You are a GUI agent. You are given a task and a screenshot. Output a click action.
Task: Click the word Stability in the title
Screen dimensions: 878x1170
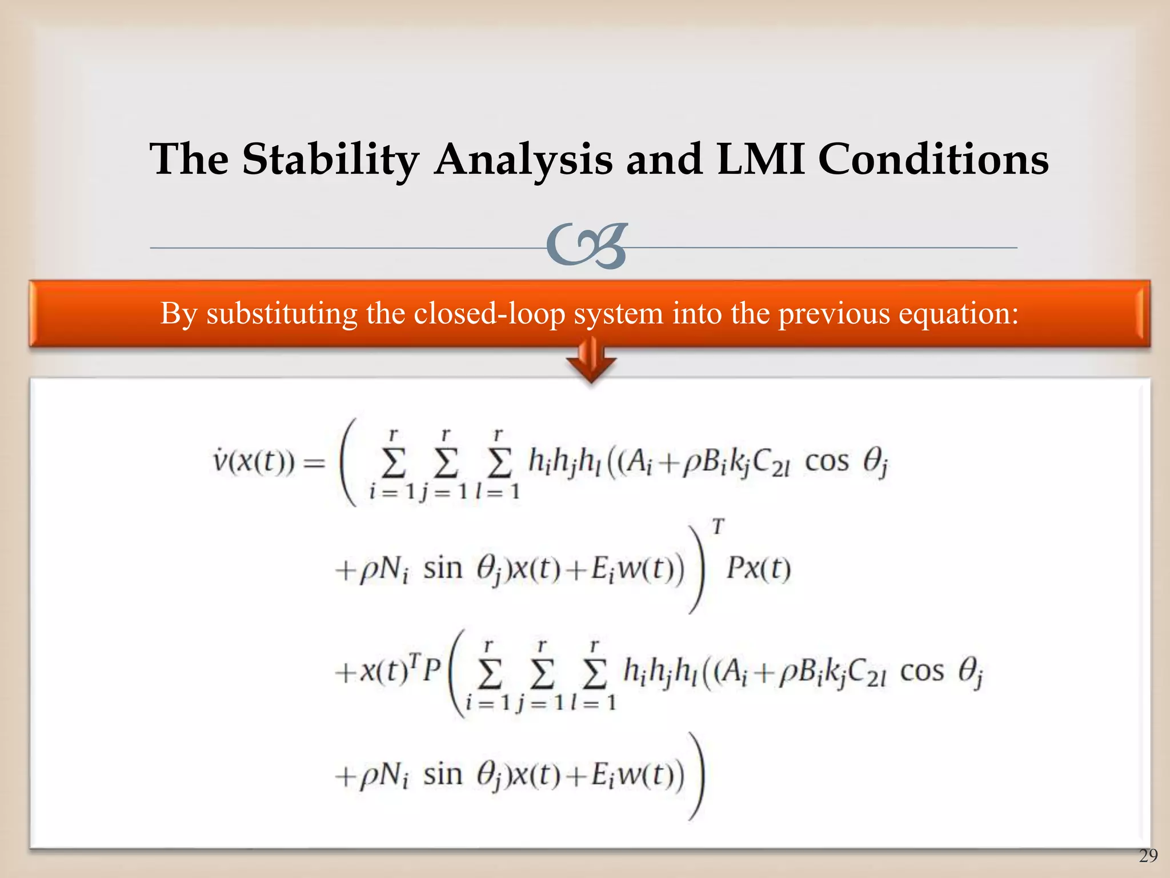pyautogui.click(x=330, y=159)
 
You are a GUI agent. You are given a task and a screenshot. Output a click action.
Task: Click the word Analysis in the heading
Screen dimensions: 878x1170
pyautogui.click(x=523, y=159)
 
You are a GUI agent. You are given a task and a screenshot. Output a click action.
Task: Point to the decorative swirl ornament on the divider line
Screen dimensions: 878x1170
pyautogui.click(x=587, y=246)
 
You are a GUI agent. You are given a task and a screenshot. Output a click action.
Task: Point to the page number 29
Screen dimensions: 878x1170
pyautogui.click(x=1148, y=856)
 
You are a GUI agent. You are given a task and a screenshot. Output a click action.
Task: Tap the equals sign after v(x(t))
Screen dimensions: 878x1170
pyautogui.click(x=313, y=462)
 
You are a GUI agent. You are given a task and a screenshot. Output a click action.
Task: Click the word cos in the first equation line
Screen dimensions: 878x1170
pyautogui.click(x=826, y=461)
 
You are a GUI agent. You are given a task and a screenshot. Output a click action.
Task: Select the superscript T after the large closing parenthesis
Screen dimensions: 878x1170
pyautogui.click(x=718, y=526)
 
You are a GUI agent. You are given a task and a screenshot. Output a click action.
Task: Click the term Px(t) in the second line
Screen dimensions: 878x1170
pyautogui.click(x=758, y=569)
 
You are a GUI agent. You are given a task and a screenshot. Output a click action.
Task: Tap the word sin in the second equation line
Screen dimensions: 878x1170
pyautogui.click(x=442, y=569)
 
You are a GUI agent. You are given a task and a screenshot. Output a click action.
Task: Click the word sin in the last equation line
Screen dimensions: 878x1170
pyautogui.click(x=442, y=775)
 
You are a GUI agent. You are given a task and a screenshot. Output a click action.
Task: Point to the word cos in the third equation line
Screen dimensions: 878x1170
pyautogui.click(x=921, y=672)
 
